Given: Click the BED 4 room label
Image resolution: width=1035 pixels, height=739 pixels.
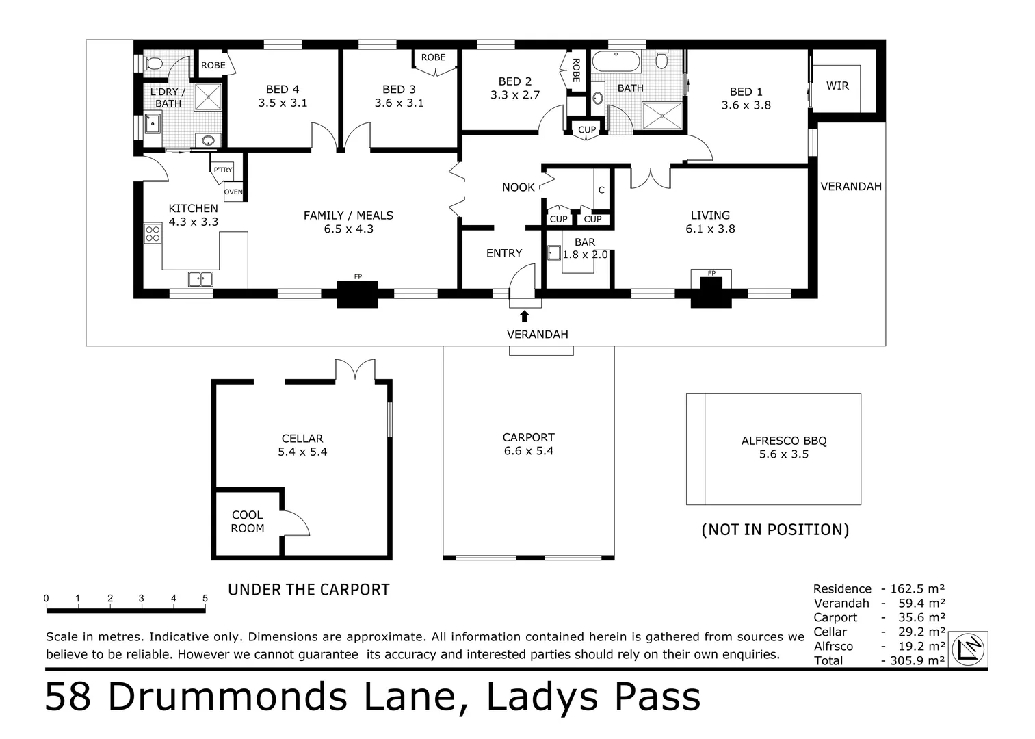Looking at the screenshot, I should click(283, 90).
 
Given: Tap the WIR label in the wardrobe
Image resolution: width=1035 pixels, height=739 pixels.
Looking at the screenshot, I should click(837, 86).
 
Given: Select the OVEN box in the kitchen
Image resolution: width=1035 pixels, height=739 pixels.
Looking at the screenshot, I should click(233, 192).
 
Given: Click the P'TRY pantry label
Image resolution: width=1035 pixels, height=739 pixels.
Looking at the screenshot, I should click(223, 170).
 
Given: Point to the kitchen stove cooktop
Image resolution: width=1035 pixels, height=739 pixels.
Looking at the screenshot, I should click(153, 233).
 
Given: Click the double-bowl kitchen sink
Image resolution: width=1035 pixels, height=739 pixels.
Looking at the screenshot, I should click(200, 279).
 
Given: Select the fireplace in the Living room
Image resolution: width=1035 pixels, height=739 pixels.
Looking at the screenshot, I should click(711, 291).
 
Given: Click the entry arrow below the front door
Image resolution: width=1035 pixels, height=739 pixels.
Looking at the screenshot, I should click(524, 315).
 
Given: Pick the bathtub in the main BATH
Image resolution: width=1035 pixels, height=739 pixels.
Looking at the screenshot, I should click(616, 62).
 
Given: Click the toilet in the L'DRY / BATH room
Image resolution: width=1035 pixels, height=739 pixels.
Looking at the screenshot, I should click(154, 64).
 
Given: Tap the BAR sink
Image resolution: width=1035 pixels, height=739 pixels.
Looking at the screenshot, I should click(554, 252).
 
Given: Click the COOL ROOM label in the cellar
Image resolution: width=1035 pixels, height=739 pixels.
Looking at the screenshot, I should click(247, 521).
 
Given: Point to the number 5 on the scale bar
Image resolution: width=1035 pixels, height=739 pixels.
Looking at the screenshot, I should click(205, 599).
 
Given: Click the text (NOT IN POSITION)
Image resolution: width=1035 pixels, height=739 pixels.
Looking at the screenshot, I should click(775, 530).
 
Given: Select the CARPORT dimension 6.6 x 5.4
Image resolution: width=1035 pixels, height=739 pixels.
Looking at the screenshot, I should click(528, 451).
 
